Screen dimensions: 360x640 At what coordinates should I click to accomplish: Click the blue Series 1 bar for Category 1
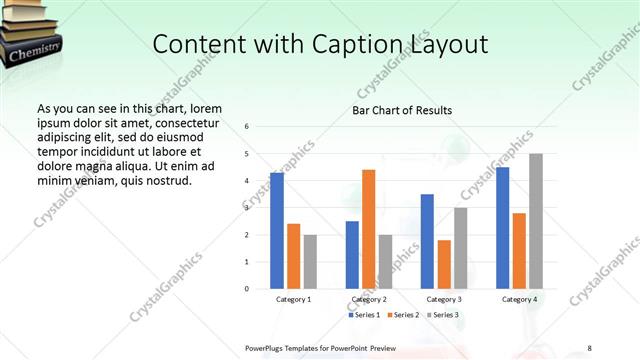pyautogui.click(x=277, y=231)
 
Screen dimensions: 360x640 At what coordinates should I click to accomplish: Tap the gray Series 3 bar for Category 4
pyautogui.click(x=536, y=221)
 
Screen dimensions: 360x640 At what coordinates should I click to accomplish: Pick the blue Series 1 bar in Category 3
pyautogui.click(x=427, y=241)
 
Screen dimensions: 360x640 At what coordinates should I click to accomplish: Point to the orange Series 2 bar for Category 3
pyautogui.click(x=444, y=264)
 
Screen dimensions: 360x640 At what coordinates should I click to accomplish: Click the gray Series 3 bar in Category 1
pyautogui.click(x=310, y=262)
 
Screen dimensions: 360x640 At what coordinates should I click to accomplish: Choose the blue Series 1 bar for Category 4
pyautogui.click(x=503, y=228)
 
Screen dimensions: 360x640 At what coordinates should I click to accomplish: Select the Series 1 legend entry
pyautogui.click(x=366, y=316)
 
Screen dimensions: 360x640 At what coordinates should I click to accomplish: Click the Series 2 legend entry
pyautogui.click(x=404, y=316)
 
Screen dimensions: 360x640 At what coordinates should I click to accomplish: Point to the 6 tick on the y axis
pyautogui.click(x=247, y=127)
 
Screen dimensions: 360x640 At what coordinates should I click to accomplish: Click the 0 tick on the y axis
pyautogui.click(x=247, y=289)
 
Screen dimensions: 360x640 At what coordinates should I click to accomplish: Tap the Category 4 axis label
pyautogui.click(x=519, y=299)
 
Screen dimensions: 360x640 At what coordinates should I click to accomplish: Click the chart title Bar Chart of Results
pyautogui.click(x=402, y=110)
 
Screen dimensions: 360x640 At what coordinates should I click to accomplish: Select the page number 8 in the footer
pyautogui.click(x=589, y=347)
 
